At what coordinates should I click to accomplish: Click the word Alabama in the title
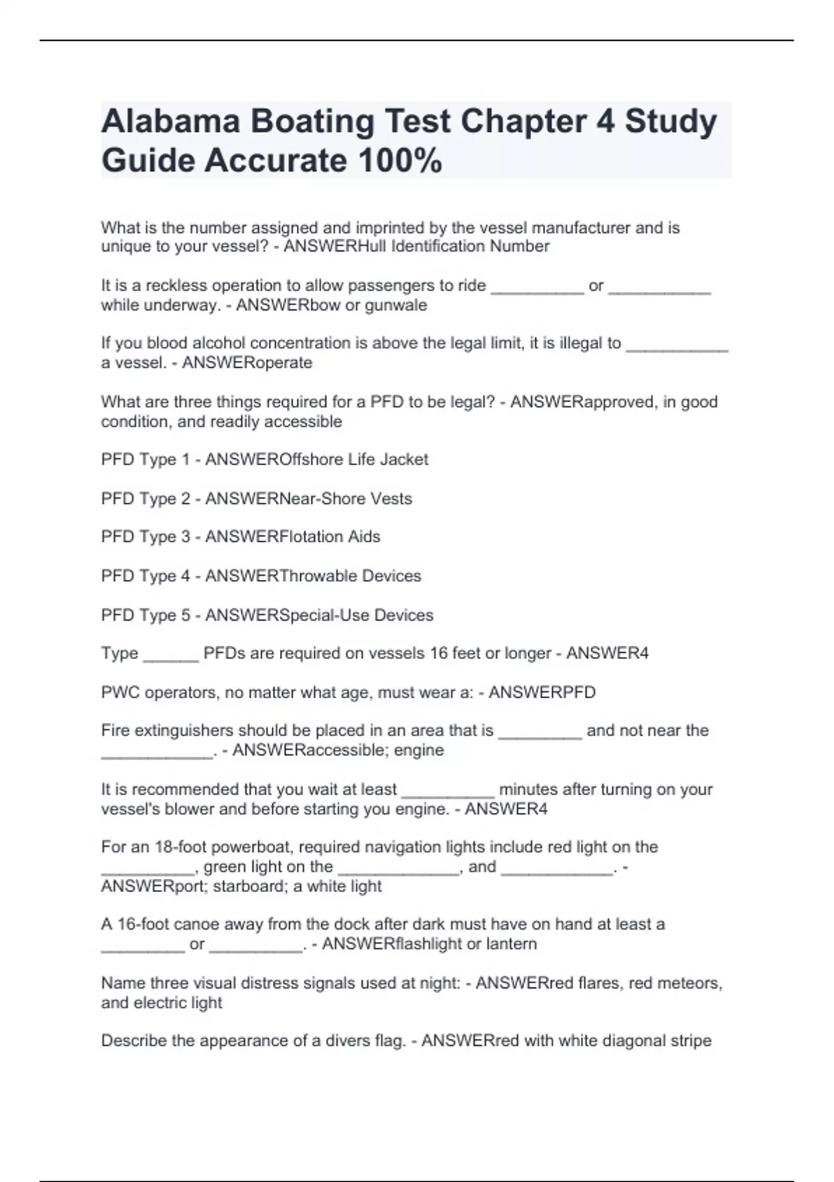(170, 122)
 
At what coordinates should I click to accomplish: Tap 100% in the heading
(400, 161)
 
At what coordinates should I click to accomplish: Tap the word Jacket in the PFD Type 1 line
(404, 460)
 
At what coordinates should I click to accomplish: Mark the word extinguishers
(183, 731)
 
